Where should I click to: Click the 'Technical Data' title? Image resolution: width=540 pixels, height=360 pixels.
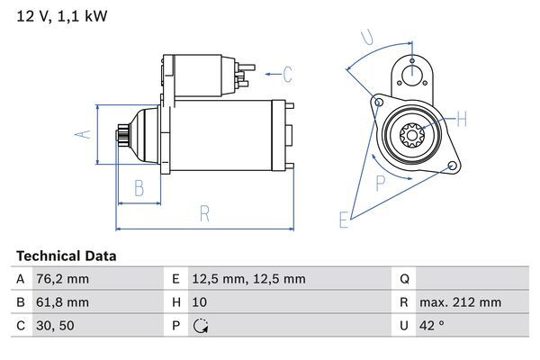[x=66, y=256]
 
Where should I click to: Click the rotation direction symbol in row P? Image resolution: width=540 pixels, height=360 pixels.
[x=201, y=326]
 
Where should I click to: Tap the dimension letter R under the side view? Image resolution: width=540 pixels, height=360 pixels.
[x=204, y=214]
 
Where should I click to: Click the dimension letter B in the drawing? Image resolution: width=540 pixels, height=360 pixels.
[x=139, y=189]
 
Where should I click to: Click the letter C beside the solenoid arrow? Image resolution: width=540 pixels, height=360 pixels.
[x=288, y=73]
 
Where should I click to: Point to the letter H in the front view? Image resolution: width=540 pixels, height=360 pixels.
[x=462, y=119]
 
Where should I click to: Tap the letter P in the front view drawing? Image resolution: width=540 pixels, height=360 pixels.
[x=381, y=184]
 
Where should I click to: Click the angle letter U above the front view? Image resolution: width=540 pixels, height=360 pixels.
[x=365, y=37]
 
